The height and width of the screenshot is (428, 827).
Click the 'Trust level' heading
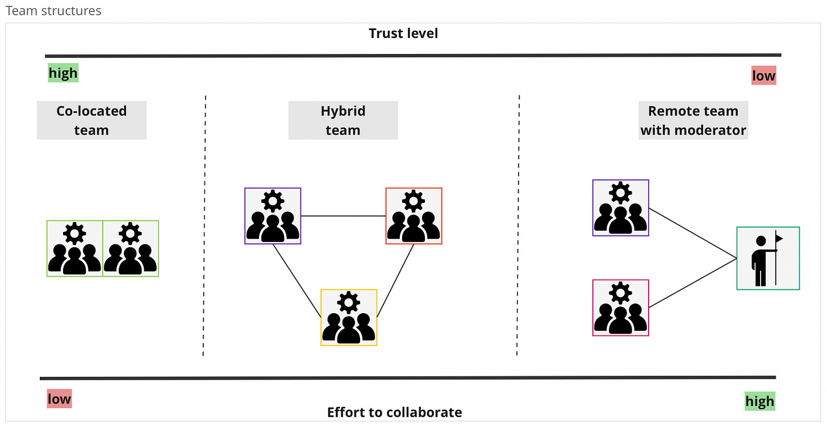[x=403, y=34]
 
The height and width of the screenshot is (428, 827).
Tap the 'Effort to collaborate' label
[x=394, y=412]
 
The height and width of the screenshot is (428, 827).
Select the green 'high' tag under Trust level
[x=63, y=73]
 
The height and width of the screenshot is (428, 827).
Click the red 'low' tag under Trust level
[x=763, y=76]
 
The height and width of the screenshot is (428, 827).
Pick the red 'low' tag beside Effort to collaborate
[x=59, y=398]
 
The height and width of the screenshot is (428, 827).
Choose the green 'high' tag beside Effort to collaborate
[x=759, y=401]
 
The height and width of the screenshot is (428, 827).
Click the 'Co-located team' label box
[x=91, y=120]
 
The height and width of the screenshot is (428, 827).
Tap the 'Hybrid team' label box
[x=343, y=120]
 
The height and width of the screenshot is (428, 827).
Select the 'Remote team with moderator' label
[x=693, y=120]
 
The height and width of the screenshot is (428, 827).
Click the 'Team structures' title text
[x=53, y=10]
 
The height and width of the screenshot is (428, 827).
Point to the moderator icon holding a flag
[x=767, y=259]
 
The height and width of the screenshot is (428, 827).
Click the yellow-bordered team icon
[x=349, y=318]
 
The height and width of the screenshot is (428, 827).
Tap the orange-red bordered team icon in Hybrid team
[x=413, y=216]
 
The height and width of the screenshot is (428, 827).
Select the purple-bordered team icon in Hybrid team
[x=273, y=216]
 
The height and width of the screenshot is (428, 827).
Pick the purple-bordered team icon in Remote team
[x=620, y=208]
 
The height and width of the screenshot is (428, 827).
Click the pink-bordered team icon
[x=620, y=308]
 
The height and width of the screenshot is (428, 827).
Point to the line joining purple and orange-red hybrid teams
[x=343, y=216]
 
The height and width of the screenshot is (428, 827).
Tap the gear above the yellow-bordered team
[x=349, y=302]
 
